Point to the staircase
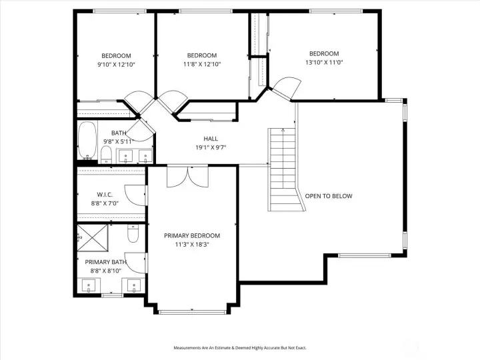click(283, 169)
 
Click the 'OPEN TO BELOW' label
click(328, 196)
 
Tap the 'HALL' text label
click(211, 139)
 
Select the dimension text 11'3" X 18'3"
click(191, 245)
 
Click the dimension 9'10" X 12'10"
click(116, 65)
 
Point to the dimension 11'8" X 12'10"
click(201, 65)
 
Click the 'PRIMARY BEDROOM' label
click(191, 235)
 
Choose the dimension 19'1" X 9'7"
click(211, 147)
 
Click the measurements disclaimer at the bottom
click(240, 348)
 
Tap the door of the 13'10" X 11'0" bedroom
click(285, 87)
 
